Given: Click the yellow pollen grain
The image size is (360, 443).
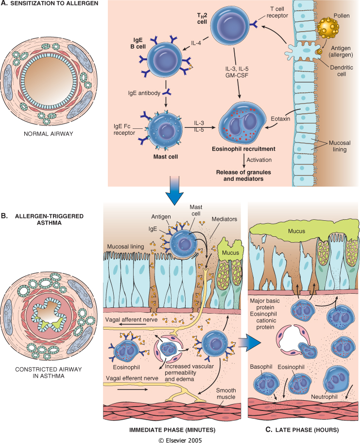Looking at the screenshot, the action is point(328,28).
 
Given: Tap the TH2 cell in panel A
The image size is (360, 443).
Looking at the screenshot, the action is point(230,24).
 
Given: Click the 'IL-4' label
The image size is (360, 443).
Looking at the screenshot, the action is point(196,43).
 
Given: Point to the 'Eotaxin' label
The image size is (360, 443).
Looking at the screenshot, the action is point(280,119).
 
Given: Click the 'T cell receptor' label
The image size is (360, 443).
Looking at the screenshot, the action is point(277,13).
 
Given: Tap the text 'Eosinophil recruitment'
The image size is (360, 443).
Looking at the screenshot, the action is point(243,149).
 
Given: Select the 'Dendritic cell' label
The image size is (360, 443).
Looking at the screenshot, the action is point(342,71).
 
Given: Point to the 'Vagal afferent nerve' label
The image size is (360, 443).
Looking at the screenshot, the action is point(131,319).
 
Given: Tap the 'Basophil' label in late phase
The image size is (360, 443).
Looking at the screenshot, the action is point(261,367).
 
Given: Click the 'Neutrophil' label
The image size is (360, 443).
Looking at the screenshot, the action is point(324,397).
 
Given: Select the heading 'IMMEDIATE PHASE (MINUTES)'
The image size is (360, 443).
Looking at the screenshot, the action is point(172,430).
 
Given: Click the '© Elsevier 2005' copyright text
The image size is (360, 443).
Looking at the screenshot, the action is point(180,440).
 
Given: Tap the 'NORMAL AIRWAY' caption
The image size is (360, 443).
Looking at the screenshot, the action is point(48,134).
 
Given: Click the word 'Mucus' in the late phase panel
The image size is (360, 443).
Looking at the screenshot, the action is point(296,231).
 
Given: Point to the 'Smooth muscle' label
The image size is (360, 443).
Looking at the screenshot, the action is point(226,393).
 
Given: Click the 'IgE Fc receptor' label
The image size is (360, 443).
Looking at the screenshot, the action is point(124,129).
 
